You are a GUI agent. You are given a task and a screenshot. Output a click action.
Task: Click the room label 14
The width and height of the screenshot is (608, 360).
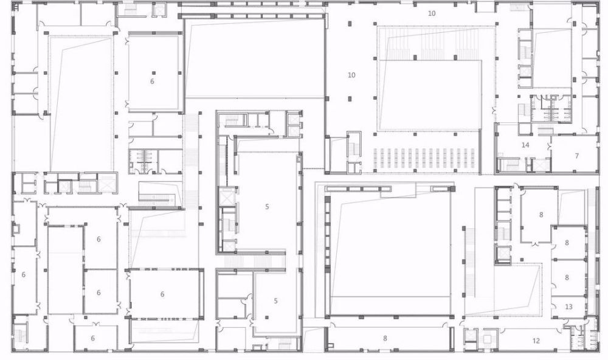525,145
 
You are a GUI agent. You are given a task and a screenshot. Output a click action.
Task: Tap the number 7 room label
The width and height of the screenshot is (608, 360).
576,156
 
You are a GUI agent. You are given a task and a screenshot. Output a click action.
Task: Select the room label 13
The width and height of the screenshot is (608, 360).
568,307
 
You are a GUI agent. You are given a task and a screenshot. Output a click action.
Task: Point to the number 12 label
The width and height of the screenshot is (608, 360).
536,341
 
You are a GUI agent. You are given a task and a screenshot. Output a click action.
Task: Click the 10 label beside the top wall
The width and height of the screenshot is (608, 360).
432,13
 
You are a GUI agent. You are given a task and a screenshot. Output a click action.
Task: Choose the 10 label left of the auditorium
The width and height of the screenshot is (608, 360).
351,75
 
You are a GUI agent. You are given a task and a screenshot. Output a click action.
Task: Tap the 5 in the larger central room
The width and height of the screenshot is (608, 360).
267,207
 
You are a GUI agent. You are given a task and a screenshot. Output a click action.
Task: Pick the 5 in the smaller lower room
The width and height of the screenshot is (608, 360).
275,300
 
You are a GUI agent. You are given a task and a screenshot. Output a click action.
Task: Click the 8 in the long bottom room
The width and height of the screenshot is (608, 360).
385,338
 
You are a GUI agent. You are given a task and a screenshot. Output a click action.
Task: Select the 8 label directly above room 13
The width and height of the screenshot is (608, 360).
567,278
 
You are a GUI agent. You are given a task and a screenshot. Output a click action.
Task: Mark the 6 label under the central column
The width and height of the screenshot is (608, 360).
152,81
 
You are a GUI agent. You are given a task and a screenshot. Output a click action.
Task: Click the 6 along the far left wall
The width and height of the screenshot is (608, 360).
24,275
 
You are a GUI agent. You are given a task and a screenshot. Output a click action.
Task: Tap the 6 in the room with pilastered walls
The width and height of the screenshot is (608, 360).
162,294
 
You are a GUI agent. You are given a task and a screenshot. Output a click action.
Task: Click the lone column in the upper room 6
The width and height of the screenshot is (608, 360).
154,72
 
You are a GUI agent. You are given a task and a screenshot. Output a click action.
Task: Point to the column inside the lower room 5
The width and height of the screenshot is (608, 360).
267,317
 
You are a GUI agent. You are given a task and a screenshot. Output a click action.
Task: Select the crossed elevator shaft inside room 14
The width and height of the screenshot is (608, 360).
541,164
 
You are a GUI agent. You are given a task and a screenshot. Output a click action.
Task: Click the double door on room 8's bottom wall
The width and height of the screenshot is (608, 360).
536,244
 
